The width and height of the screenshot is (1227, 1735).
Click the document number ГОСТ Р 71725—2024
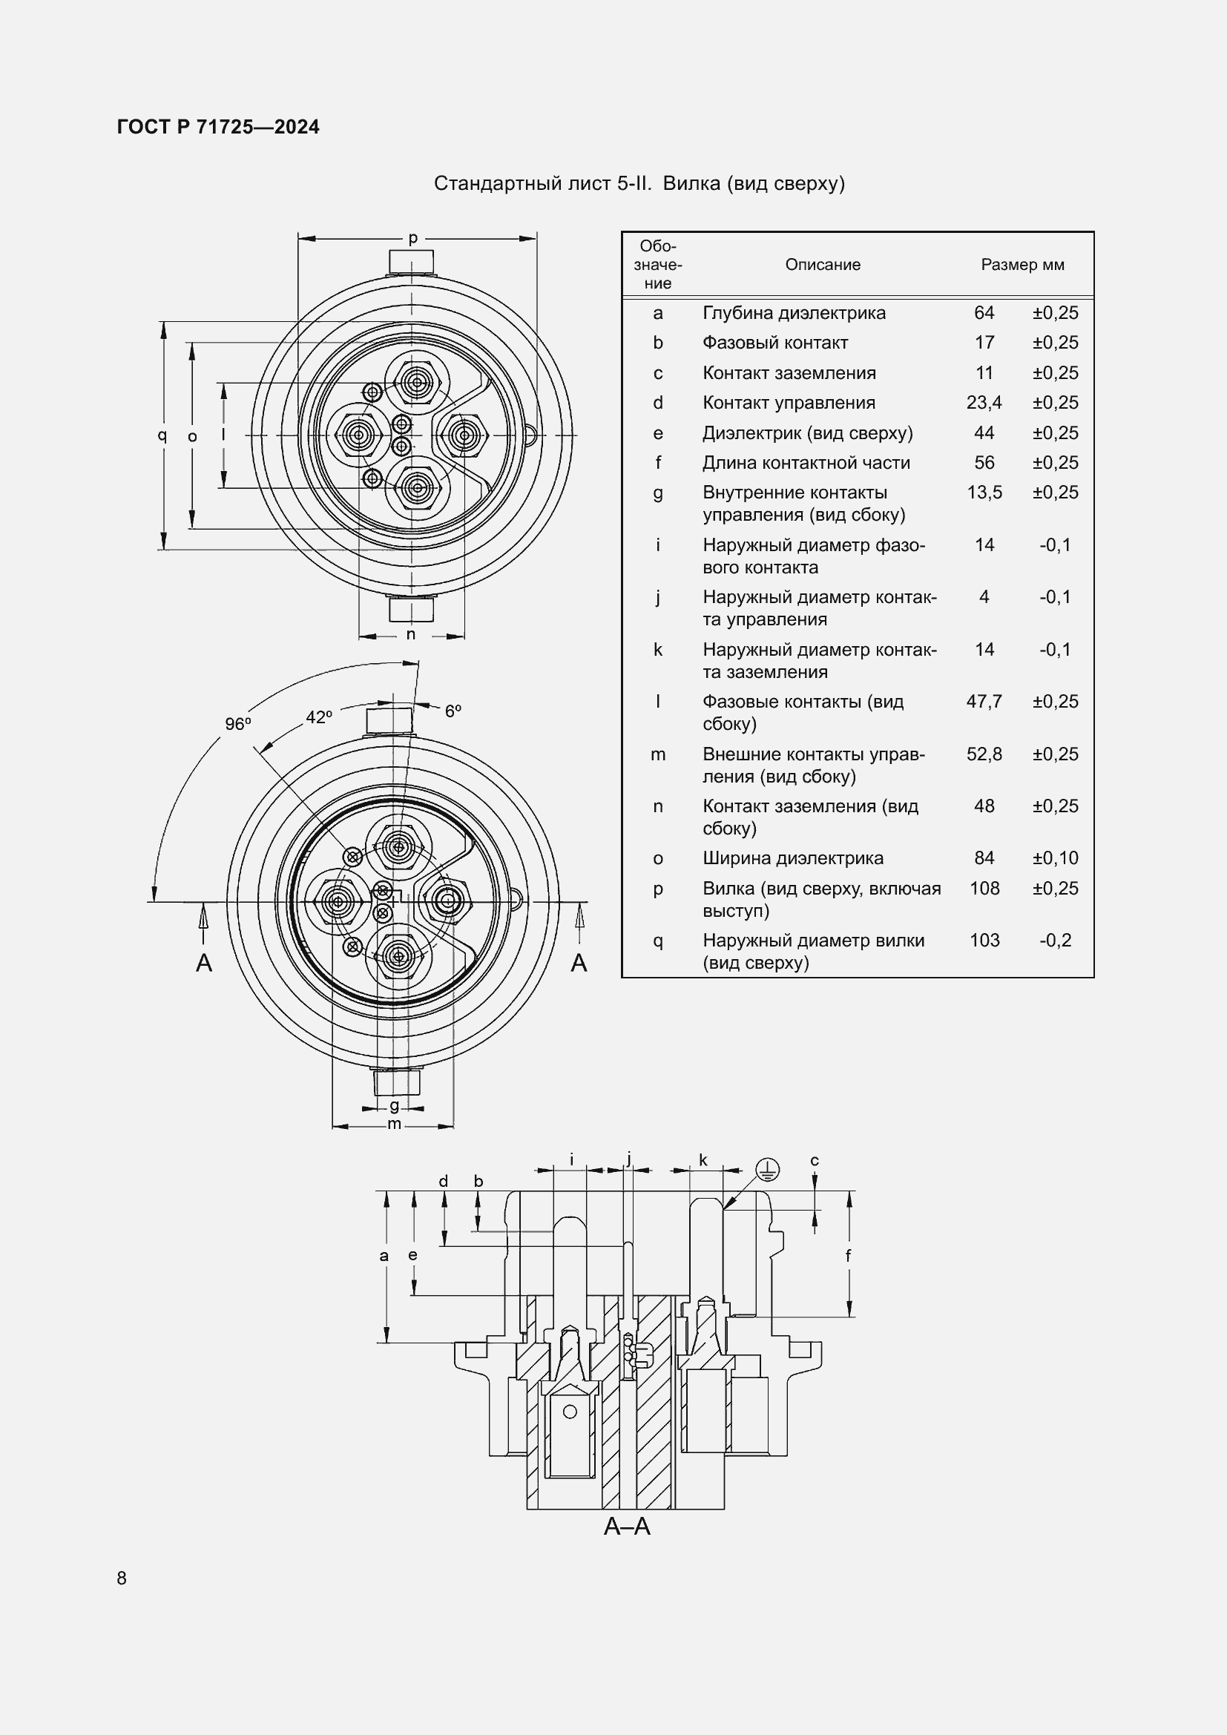click(x=217, y=127)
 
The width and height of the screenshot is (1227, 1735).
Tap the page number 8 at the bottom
click(x=122, y=1578)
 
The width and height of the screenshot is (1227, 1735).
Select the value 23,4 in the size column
click(x=984, y=403)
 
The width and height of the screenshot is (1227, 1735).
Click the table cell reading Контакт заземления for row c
click(x=789, y=372)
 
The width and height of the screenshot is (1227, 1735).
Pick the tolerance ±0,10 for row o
click(x=1055, y=857)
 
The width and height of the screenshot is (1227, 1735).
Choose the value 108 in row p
click(x=984, y=888)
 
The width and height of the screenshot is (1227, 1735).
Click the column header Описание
click(x=822, y=265)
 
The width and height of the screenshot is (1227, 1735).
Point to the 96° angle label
click(x=238, y=724)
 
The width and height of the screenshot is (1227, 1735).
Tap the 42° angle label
click(x=319, y=717)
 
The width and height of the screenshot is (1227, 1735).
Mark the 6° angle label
click(x=453, y=711)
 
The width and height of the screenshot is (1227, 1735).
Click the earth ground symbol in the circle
click(x=768, y=1170)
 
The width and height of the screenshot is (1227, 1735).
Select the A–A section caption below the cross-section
click(x=627, y=1527)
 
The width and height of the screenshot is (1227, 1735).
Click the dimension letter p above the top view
click(x=413, y=238)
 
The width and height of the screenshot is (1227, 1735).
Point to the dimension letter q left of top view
click(x=162, y=435)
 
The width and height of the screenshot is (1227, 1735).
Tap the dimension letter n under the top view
click(x=410, y=634)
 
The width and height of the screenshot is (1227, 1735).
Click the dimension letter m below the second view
click(x=394, y=1124)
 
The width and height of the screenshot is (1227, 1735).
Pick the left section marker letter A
click(x=204, y=963)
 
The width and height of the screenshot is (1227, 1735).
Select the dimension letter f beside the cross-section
click(x=848, y=1255)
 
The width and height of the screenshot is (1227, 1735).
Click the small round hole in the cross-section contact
click(x=570, y=1412)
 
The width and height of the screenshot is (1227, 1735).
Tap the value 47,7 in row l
click(x=984, y=701)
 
